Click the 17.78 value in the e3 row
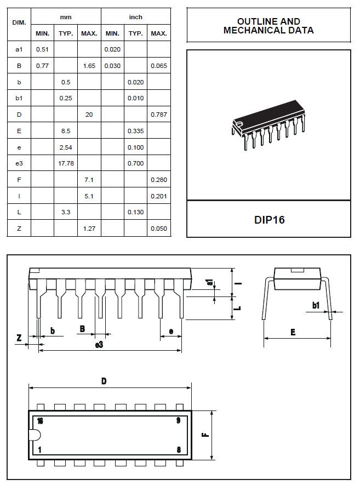click(66, 163)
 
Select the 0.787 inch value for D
click(158, 115)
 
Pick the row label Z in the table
click(19, 229)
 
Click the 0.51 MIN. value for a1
click(42, 49)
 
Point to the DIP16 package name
click(269, 220)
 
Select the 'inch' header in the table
click(135, 17)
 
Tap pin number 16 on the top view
click(39, 421)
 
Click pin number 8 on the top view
click(179, 449)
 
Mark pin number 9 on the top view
click(179, 421)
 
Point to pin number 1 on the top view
click(39, 449)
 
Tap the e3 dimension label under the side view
click(99, 345)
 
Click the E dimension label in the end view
click(293, 332)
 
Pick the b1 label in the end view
click(316, 305)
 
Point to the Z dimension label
click(19, 338)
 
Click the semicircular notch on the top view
click(35, 435)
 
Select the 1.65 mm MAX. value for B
click(89, 66)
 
